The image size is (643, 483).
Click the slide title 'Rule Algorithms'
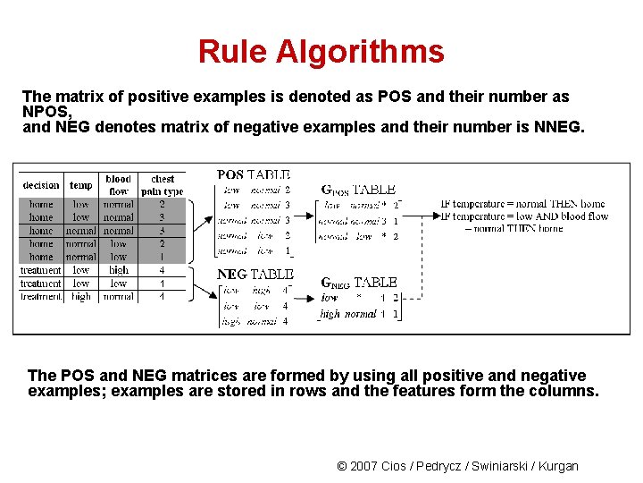(321, 52)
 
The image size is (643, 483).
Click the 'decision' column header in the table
(41, 185)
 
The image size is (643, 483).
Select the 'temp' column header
(80, 185)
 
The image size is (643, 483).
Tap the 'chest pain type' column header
(163, 185)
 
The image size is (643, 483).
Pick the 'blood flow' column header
(118, 185)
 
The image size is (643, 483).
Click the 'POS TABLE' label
(254, 175)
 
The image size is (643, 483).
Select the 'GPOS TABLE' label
(358, 190)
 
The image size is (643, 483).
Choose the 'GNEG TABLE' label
(357, 283)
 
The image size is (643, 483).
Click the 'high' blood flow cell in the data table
(118, 270)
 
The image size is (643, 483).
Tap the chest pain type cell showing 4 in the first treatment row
(162, 270)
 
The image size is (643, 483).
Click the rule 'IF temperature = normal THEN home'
(522, 204)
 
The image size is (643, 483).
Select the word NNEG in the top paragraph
(556, 128)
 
